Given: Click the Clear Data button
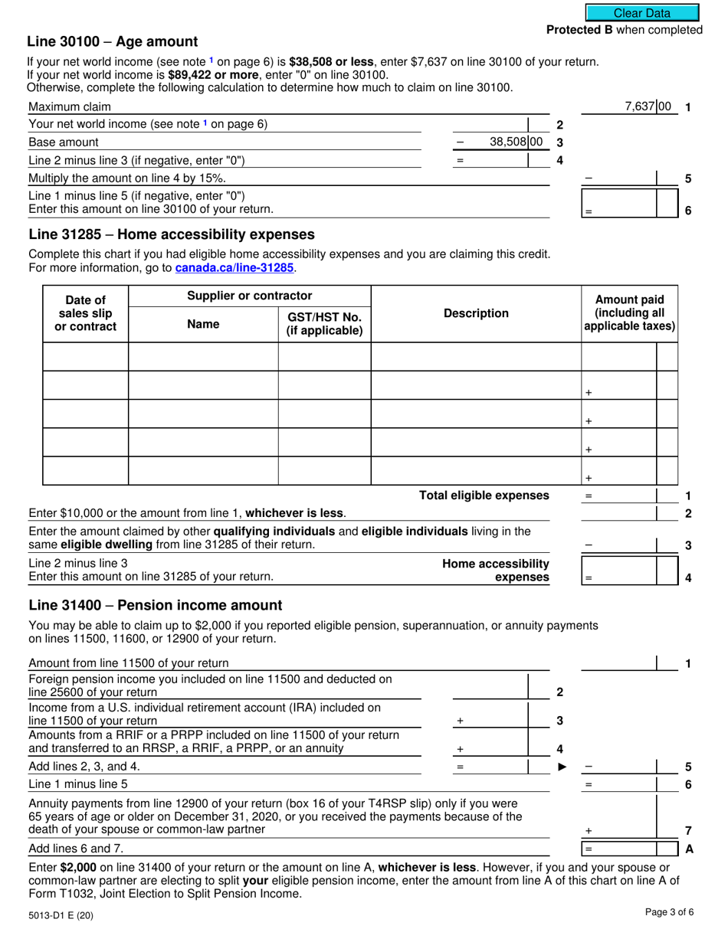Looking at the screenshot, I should pyautogui.click(x=641, y=13).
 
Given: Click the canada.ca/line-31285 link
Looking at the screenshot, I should pyautogui.click(x=234, y=268).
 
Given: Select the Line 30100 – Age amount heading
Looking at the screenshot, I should pyautogui.click(x=112, y=42).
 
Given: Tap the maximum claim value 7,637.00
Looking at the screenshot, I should pyautogui.click(x=648, y=107).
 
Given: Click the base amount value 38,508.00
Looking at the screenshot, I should pyautogui.click(x=515, y=142).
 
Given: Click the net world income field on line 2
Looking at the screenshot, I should pyautogui.click(x=490, y=124).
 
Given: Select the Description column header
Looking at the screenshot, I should pyautogui.click(x=476, y=313).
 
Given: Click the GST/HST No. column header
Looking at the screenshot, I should pyautogui.click(x=324, y=323).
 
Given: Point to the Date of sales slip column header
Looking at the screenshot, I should pyautogui.click(x=85, y=313).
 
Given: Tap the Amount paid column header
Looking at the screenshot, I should pyautogui.click(x=629, y=313).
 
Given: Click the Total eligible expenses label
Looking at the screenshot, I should pyautogui.click(x=484, y=496).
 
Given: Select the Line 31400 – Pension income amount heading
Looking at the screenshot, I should pyautogui.click(x=155, y=605).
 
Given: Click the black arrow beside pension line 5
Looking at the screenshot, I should pyautogui.click(x=562, y=766).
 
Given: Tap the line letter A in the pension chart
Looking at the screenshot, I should pyautogui.click(x=688, y=849).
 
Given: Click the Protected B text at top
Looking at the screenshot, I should pyautogui.click(x=624, y=30).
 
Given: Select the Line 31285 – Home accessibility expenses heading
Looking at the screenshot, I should pyautogui.click(x=171, y=234).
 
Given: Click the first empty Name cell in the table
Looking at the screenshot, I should pyautogui.click(x=203, y=357).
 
